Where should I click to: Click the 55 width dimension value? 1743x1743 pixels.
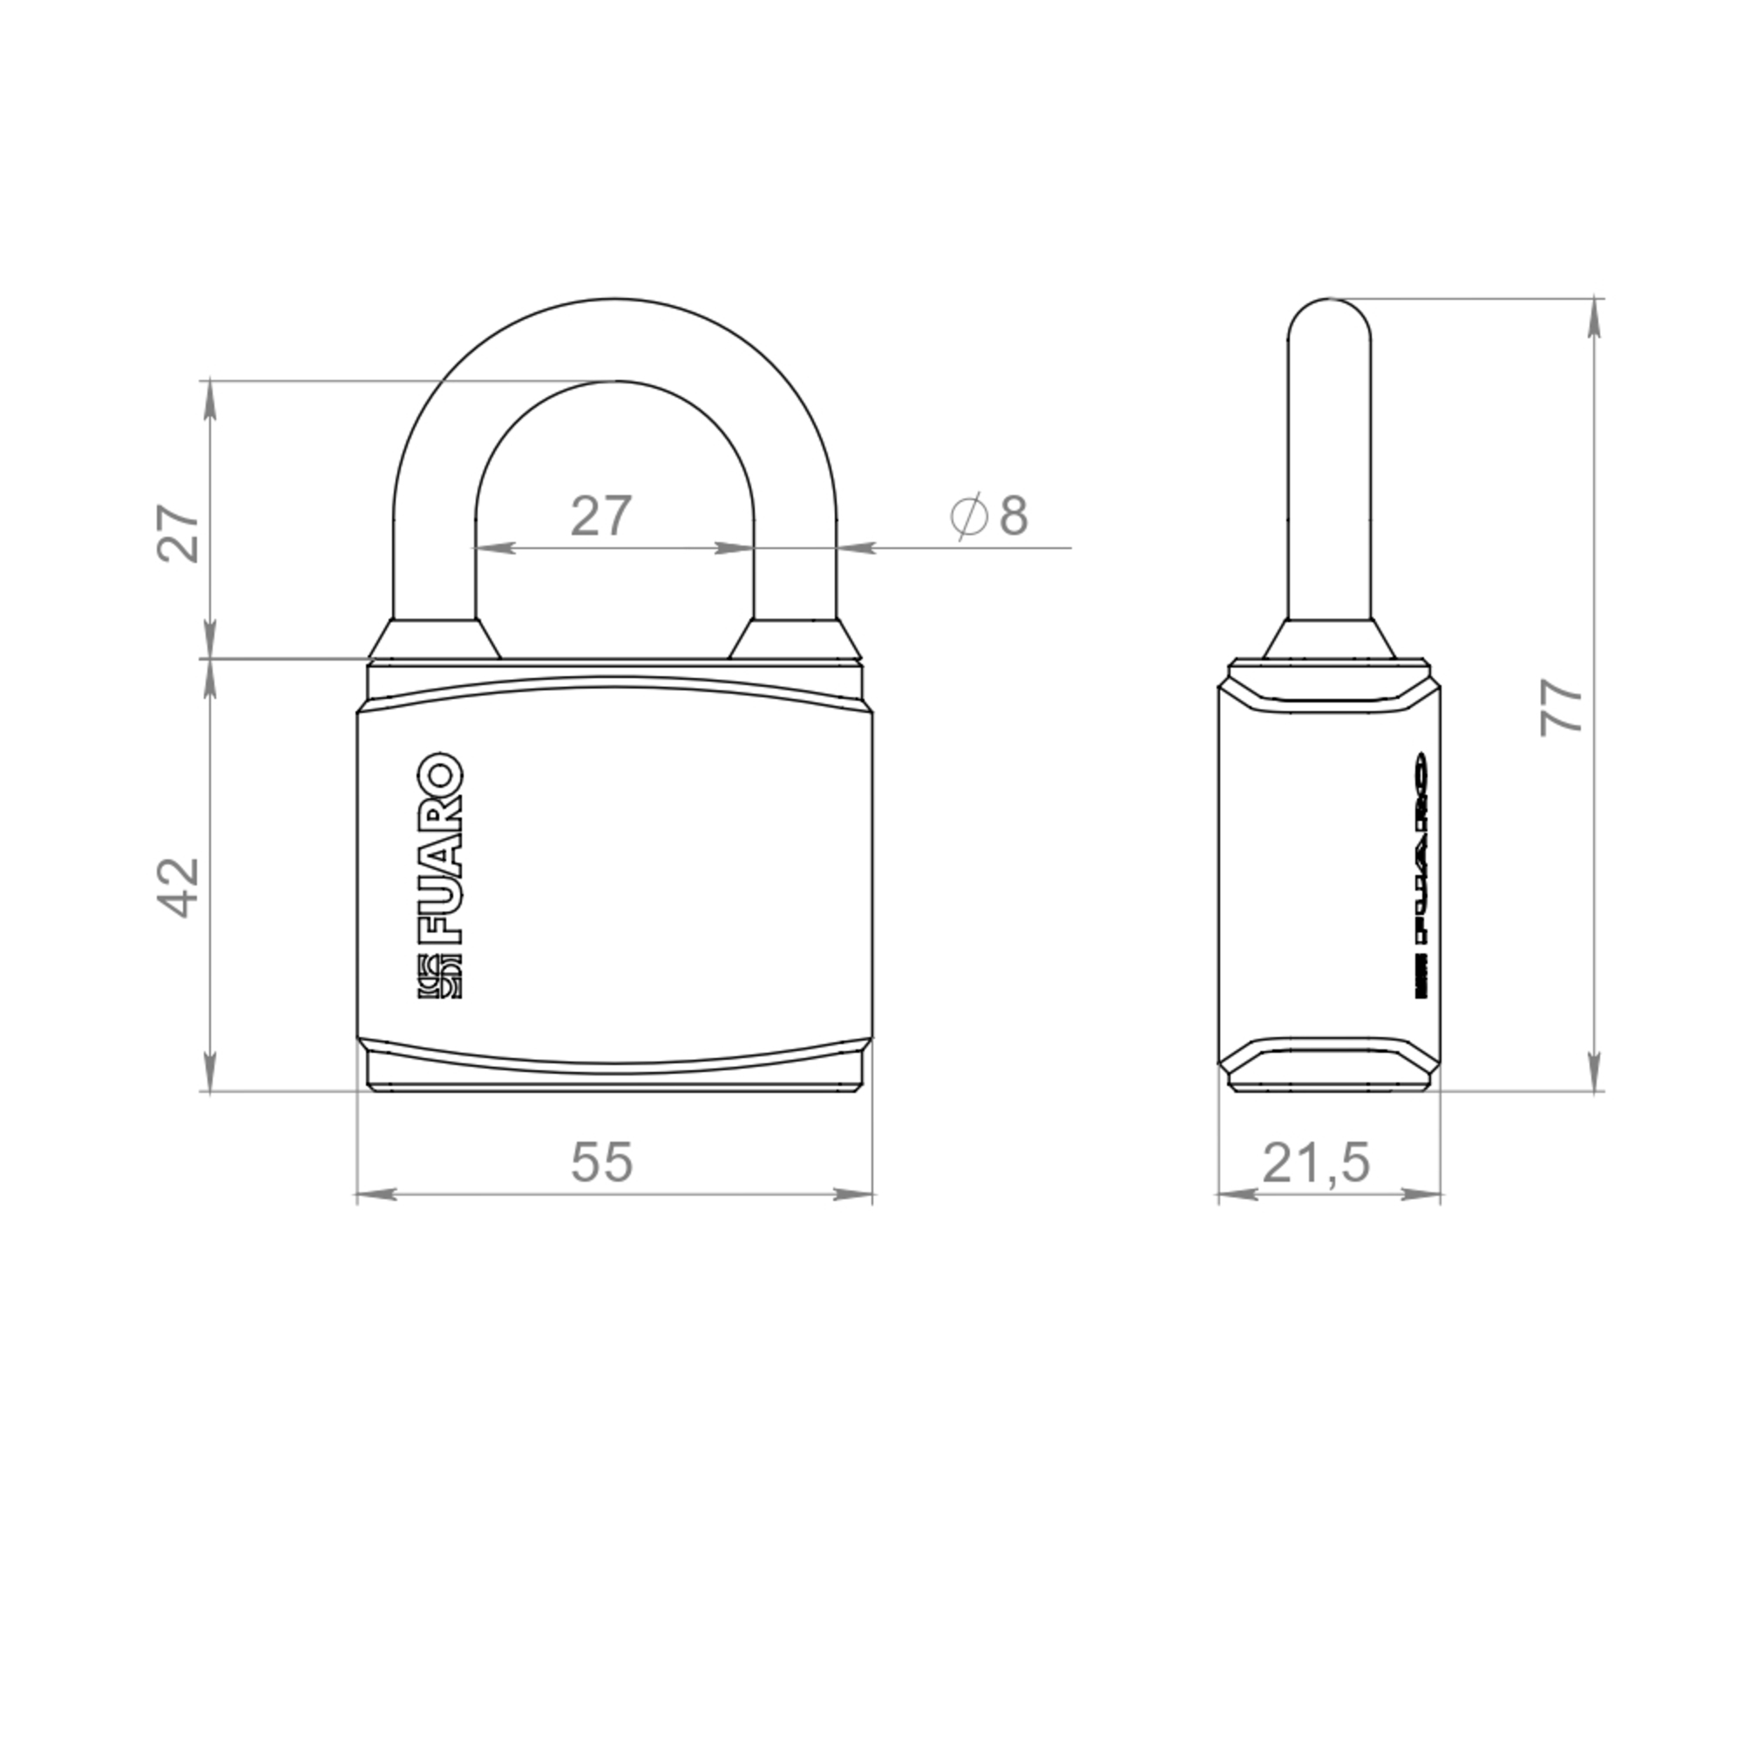pyautogui.click(x=601, y=1162)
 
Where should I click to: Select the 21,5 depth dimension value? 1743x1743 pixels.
pyautogui.click(x=1316, y=1163)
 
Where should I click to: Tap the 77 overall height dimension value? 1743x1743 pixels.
pyautogui.click(x=1562, y=709)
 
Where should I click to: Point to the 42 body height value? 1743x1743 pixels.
pyautogui.click(x=179, y=888)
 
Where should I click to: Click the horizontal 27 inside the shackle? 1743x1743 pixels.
pyautogui.click(x=600, y=516)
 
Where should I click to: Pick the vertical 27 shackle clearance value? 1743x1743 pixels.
pyautogui.click(x=178, y=534)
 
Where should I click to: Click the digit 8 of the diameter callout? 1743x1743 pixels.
pyautogui.click(x=1014, y=515)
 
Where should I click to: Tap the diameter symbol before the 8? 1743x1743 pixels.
pyautogui.click(x=969, y=516)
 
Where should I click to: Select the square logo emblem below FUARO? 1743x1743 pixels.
pyautogui.click(x=439, y=976)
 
